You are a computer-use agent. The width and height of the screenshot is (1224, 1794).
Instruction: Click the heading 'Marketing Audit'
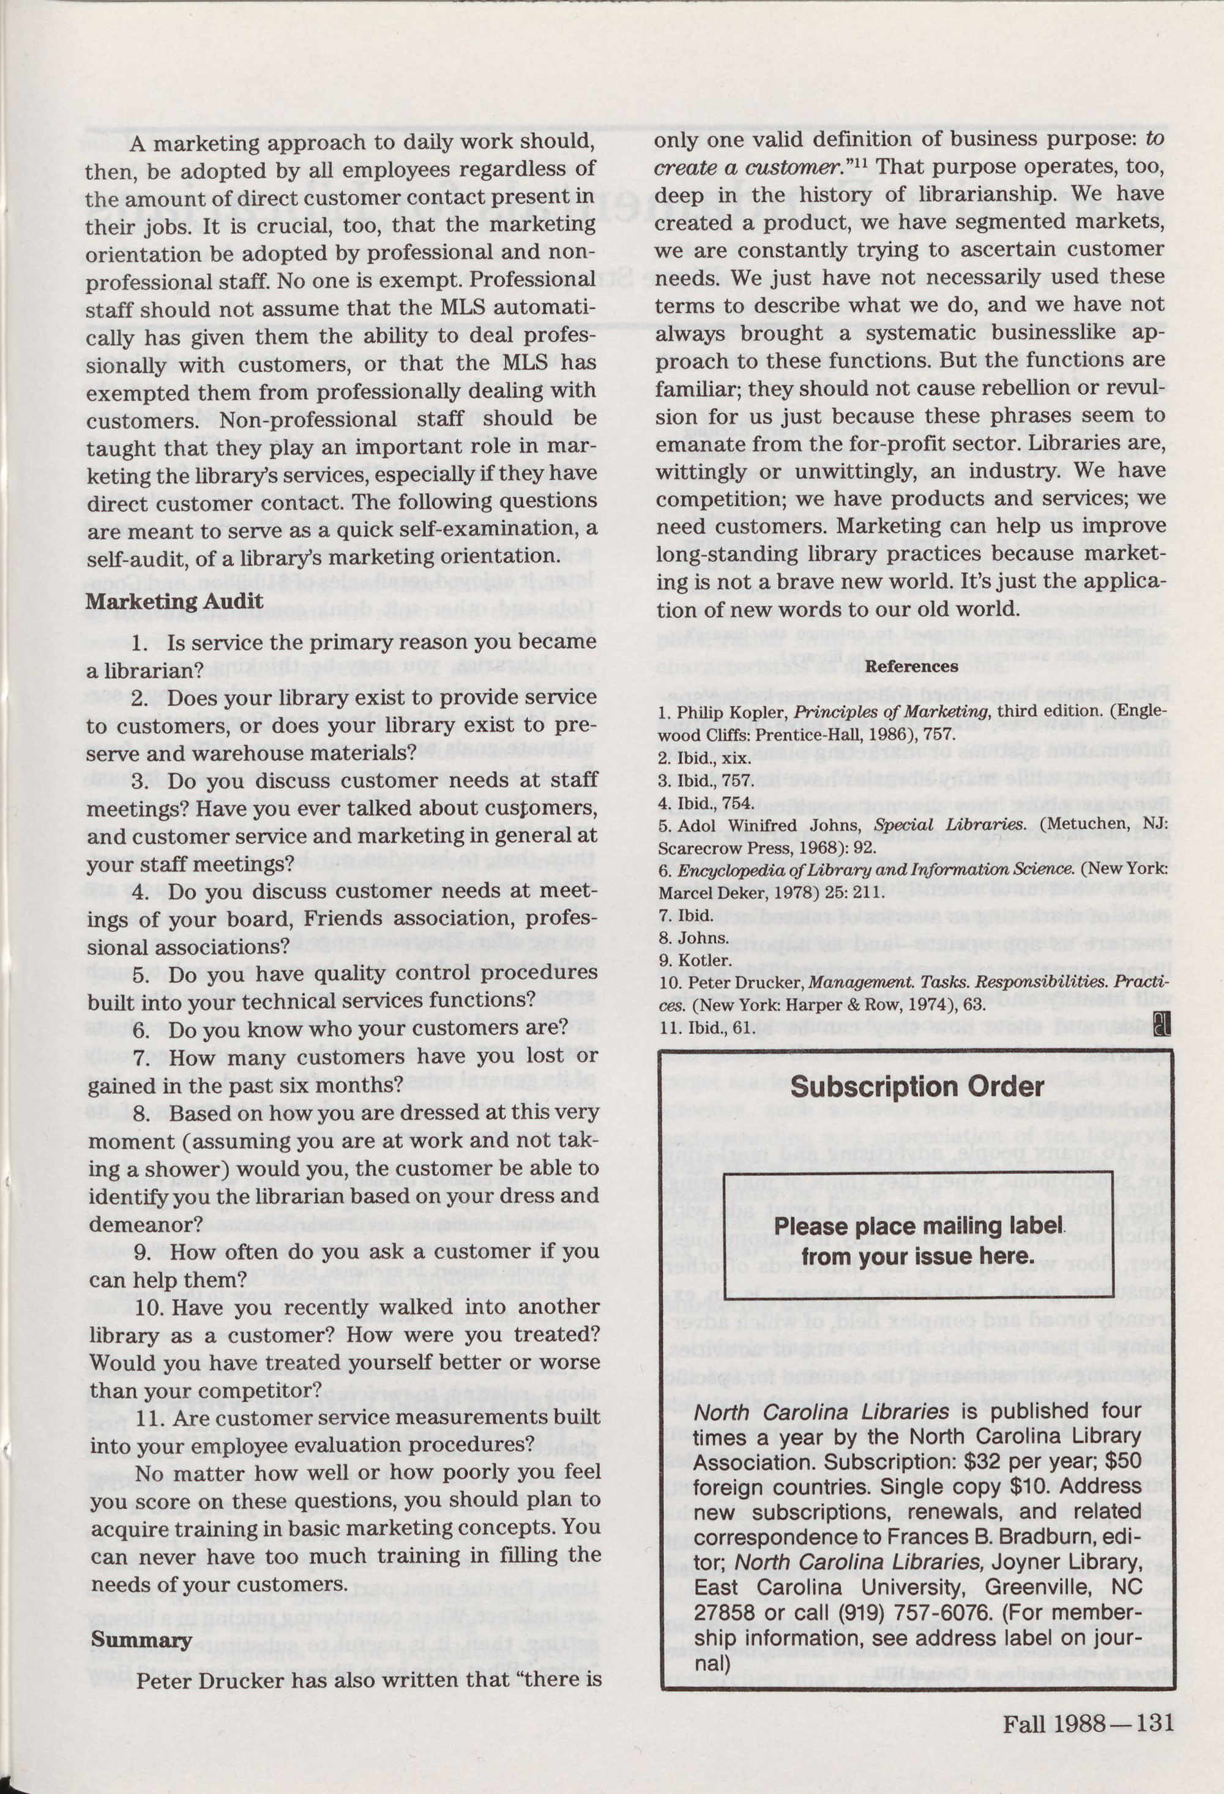[174, 600]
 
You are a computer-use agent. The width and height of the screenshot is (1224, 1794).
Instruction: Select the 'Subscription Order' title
[917, 1087]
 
